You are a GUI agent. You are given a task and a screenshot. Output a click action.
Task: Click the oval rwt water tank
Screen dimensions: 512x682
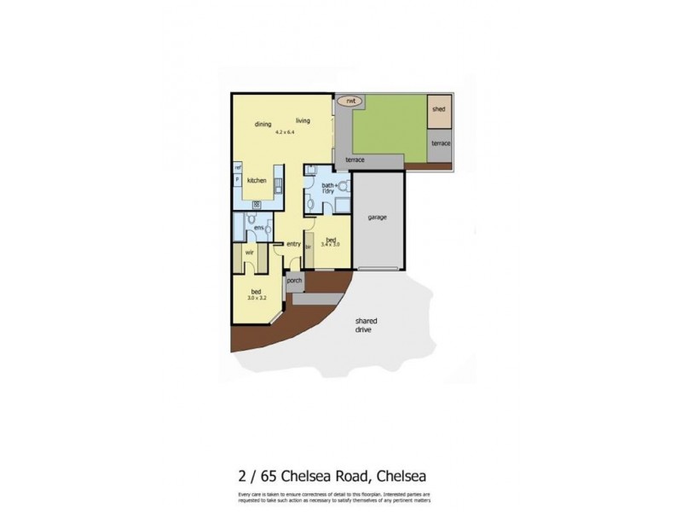[349, 101]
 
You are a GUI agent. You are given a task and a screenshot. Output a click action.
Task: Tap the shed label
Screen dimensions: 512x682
[438, 110]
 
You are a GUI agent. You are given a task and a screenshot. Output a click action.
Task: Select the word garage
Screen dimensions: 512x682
[378, 218]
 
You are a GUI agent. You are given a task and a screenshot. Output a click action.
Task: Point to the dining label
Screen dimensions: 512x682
[263, 125]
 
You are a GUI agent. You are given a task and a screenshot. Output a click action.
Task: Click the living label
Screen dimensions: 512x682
[303, 120]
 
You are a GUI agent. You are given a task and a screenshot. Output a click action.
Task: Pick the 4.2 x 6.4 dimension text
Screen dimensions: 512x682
[285, 133]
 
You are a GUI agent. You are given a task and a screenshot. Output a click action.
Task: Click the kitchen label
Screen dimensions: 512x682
[257, 181]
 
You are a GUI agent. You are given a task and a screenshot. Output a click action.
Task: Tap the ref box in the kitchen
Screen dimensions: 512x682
[237, 167]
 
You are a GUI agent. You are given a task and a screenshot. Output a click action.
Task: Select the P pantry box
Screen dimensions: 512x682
[237, 180]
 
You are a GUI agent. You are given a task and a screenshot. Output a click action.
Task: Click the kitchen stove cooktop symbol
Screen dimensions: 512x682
[256, 204]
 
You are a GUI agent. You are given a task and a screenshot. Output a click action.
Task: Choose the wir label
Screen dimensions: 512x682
[250, 253]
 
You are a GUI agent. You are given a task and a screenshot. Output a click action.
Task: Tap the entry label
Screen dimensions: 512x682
[293, 244]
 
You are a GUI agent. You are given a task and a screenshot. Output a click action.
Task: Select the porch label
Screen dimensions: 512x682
[294, 281]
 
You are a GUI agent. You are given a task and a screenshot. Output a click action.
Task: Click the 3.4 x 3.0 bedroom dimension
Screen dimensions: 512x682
[330, 244]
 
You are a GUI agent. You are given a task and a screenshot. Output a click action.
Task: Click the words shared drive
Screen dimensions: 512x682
[367, 325]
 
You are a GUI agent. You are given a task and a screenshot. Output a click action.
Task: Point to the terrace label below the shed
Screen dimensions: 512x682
[440, 144]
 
